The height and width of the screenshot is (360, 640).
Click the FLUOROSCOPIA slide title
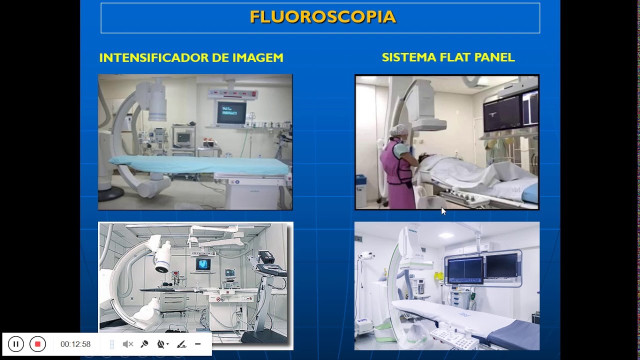click(322, 17)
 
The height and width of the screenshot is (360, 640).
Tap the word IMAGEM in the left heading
click(257, 58)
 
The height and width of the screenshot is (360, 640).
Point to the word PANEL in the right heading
click(495, 57)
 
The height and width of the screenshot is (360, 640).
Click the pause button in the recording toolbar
click(16, 344)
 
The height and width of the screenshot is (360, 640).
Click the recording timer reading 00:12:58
click(75, 344)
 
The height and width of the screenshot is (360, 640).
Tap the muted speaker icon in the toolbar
click(128, 344)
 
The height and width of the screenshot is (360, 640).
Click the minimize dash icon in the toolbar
click(198, 344)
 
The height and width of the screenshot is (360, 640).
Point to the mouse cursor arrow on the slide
click(443, 211)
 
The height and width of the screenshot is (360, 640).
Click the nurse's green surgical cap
click(398, 130)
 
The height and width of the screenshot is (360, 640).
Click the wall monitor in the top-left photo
click(231, 112)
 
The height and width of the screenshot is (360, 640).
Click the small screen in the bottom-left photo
click(203, 264)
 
